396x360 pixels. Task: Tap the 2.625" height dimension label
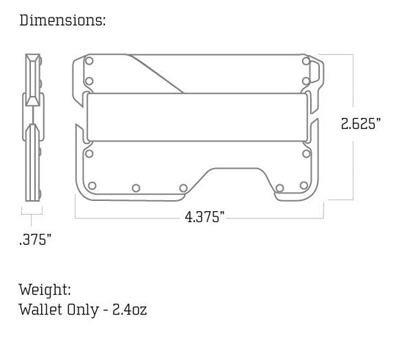pyautogui.click(x=360, y=124)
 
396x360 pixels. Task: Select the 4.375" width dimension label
pyautogui.click(x=205, y=217)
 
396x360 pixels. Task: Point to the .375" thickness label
pyautogui.click(x=34, y=239)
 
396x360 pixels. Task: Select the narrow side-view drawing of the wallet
pyautogui.click(x=32, y=126)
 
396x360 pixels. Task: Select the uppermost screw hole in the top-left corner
pyautogui.click(x=90, y=63)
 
